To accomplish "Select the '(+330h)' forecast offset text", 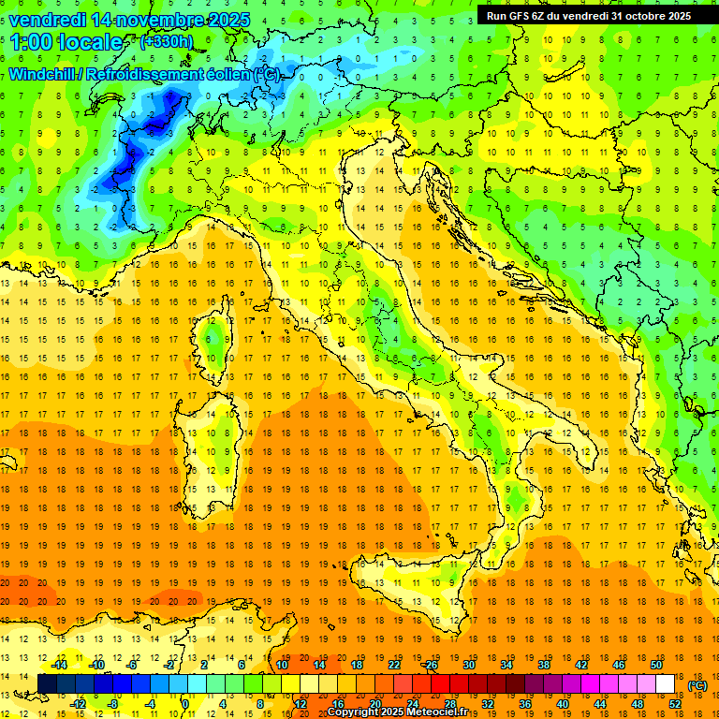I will (x=166, y=41).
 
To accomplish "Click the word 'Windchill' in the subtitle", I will (x=43, y=74).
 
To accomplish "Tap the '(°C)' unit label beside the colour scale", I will (x=697, y=685).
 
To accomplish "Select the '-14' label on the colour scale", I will (x=59, y=665).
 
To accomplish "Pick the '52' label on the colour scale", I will (x=674, y=704).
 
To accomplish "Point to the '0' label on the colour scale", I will (x=185, y=704).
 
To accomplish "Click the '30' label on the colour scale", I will (x=468, y=665).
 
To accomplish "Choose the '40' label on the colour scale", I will (x=562, y=704).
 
